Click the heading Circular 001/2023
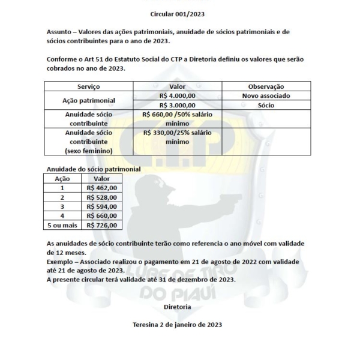click(x=178, y=13)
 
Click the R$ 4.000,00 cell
click(x=178, y=96)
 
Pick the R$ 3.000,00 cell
click(x=178, y=104)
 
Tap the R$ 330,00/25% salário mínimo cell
click(x=178, y=137)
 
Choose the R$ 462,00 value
click(x=101, y=188)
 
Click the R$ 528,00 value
click(x=101, y=197)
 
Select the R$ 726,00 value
click(x=101, y=226)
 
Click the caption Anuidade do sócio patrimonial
click(x=93, y=169)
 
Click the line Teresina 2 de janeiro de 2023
click(x=178, y=325)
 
